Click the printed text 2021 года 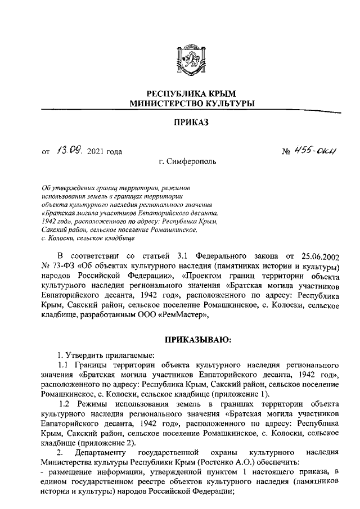105,151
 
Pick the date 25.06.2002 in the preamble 316,258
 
